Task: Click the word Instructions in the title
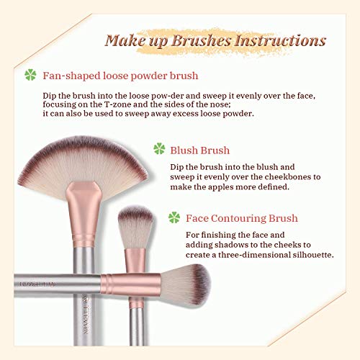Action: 280,39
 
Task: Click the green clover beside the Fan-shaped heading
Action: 31,74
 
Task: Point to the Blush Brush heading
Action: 200,150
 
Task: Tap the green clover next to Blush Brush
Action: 159,150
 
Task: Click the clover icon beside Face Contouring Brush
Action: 173,217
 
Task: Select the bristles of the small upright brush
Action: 135,223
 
